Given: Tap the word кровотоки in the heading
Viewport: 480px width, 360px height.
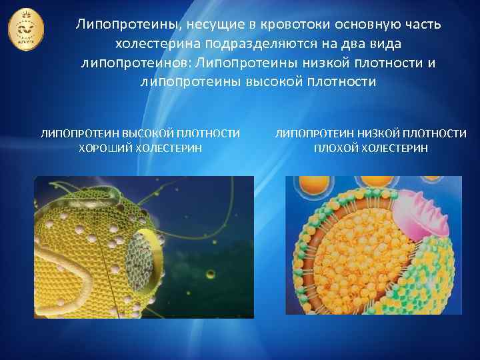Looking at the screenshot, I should (296, 25).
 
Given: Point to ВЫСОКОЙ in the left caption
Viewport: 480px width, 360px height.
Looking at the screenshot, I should (151, 134).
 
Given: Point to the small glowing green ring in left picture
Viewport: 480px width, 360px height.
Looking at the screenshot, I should (211, 274).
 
